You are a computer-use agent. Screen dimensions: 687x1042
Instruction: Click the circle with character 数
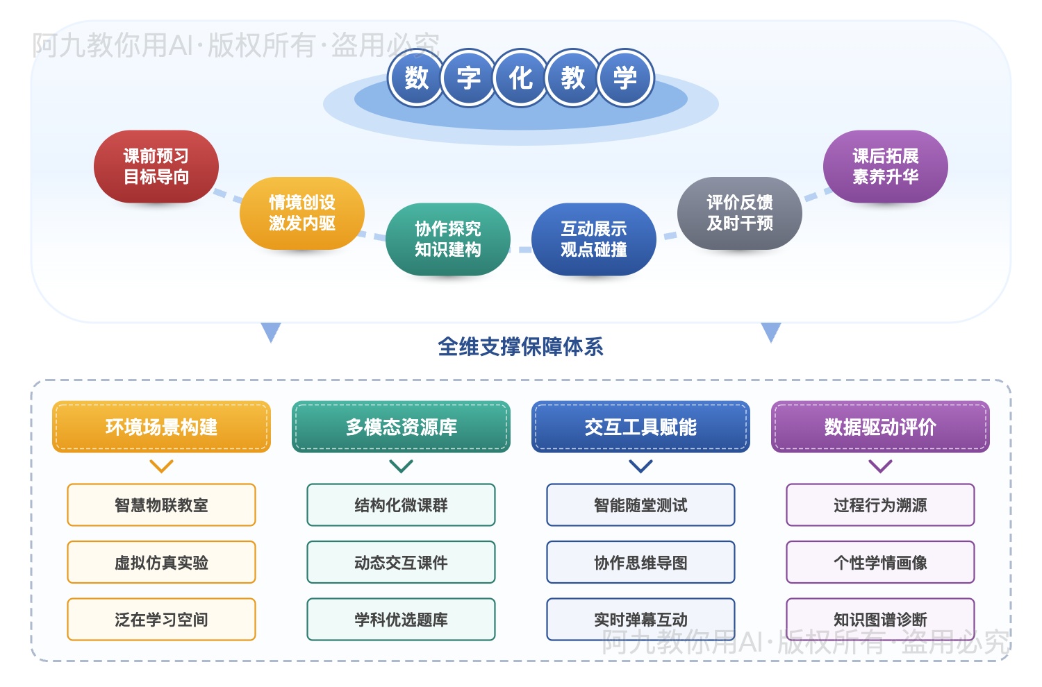tap(416, 78)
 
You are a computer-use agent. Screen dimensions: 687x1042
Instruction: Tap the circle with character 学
tap(625, 78)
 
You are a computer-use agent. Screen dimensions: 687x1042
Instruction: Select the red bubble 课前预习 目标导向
tap(156, 167)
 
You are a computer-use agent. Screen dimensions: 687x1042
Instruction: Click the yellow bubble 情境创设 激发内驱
tap(302, 213)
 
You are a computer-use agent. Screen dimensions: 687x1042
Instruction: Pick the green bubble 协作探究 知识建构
tap(448, 239)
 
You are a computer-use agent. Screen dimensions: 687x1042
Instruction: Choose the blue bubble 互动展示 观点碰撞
tap(594, 239)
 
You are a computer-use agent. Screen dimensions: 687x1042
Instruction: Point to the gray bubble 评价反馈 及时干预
tap(740, 213)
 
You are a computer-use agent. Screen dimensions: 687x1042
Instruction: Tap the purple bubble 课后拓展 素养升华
tap(886, 167)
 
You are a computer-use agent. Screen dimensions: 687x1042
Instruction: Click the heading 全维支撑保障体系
tap(520, 346)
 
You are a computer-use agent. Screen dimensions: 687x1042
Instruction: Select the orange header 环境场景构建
tap(161, 427)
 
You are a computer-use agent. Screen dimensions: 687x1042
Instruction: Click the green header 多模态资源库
tap(401, 427)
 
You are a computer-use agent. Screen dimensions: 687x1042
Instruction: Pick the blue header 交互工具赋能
tap(640, 427)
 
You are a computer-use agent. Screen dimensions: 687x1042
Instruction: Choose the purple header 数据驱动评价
tap(880, 427)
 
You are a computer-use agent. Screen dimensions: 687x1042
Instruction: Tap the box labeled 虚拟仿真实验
tap(161, 562)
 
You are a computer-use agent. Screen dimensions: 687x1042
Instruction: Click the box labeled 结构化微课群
tap(401, 505)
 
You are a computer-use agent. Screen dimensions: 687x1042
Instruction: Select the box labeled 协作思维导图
tap(640, 562)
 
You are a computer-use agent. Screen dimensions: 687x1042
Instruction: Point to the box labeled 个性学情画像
tap(880, 562)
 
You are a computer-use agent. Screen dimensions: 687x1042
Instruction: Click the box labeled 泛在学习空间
tap(161, 619)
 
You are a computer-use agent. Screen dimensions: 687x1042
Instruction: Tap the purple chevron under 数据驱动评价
tap(880, 466)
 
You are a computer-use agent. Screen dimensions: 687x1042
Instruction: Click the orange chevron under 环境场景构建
tap(161, 466)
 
